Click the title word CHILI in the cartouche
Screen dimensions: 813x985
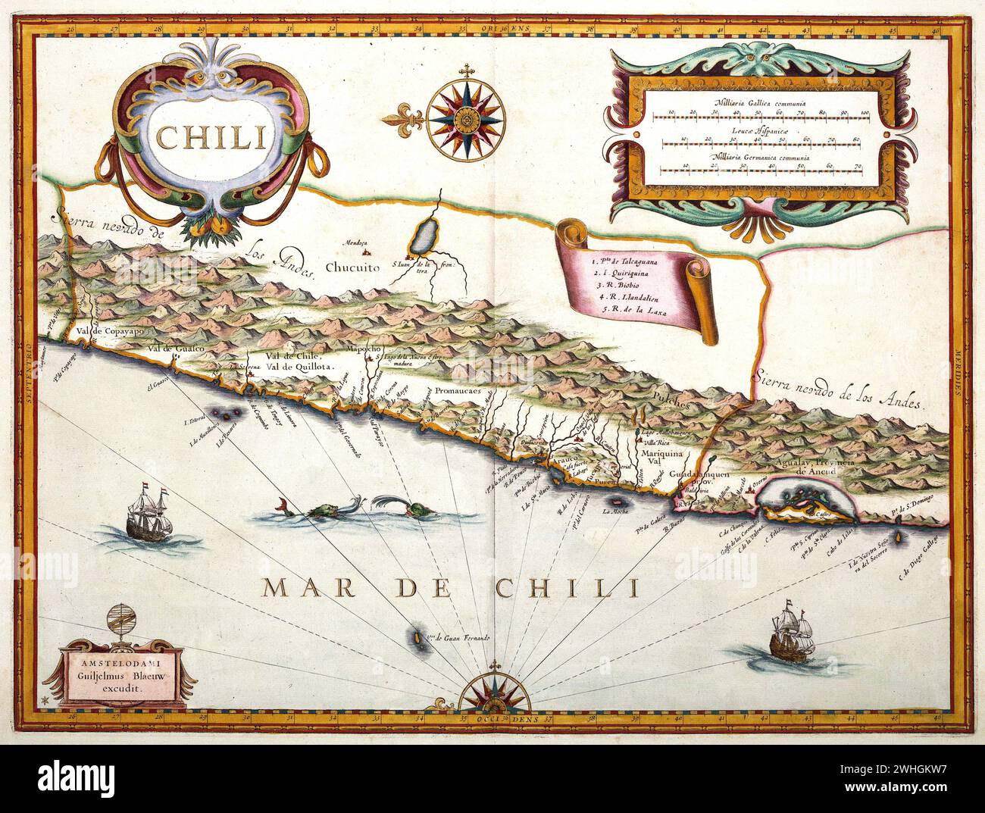[x=200, y=136]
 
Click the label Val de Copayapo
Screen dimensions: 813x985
[x=106, y=331]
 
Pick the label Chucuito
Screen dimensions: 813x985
[x=353, y=267]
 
